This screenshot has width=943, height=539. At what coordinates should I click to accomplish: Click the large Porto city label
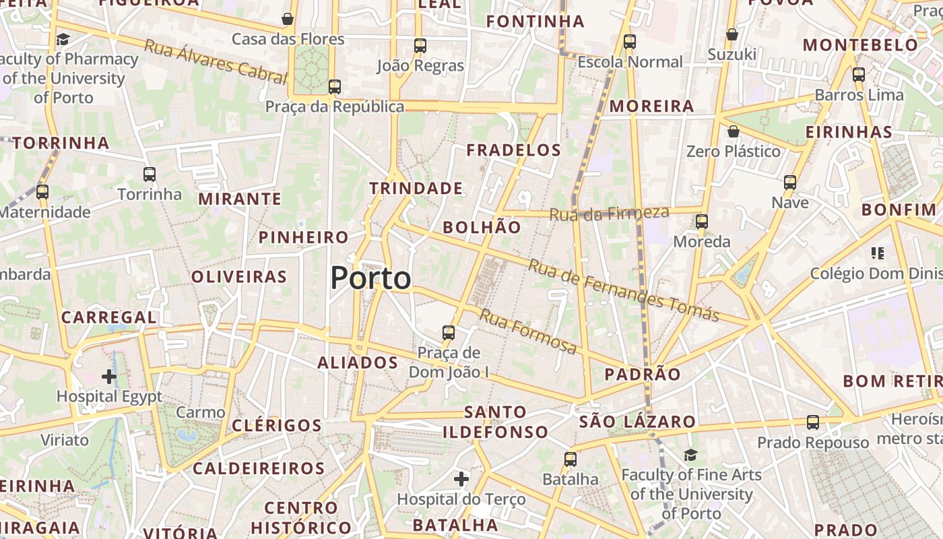point(370,278)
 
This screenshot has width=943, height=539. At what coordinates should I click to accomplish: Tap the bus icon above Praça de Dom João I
point(449,332)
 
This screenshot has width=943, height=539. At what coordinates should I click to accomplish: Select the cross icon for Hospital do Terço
point(461,479)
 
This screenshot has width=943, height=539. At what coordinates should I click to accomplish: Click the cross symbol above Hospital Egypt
point(109,376)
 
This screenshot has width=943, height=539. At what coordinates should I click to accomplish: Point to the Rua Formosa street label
point(528,331)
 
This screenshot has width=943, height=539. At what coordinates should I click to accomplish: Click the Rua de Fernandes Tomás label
point(624,290)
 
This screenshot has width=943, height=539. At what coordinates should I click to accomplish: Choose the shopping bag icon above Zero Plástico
point(734,131)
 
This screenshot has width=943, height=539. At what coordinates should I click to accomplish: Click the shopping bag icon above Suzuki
point(732,34)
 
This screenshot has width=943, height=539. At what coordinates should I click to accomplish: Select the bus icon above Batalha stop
point(571,459)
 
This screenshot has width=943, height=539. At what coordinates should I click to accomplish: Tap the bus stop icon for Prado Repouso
point(813,422)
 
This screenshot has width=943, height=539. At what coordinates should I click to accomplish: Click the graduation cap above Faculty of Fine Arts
point(691,455)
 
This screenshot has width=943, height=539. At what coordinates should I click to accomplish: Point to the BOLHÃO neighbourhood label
point(482,227)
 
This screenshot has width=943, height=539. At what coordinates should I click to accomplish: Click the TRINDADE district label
point(416,188)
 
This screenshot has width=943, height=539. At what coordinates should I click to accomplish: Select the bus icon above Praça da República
point(335,87)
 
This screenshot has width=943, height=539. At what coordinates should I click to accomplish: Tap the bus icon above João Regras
point(420,46)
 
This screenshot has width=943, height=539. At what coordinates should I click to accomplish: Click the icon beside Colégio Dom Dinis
point(877,253)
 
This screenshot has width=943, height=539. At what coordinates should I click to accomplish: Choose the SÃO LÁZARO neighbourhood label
point(637,422)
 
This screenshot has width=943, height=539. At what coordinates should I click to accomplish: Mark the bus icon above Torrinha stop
point(150,175)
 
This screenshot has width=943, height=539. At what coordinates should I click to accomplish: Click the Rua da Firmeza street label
point(610,214)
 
